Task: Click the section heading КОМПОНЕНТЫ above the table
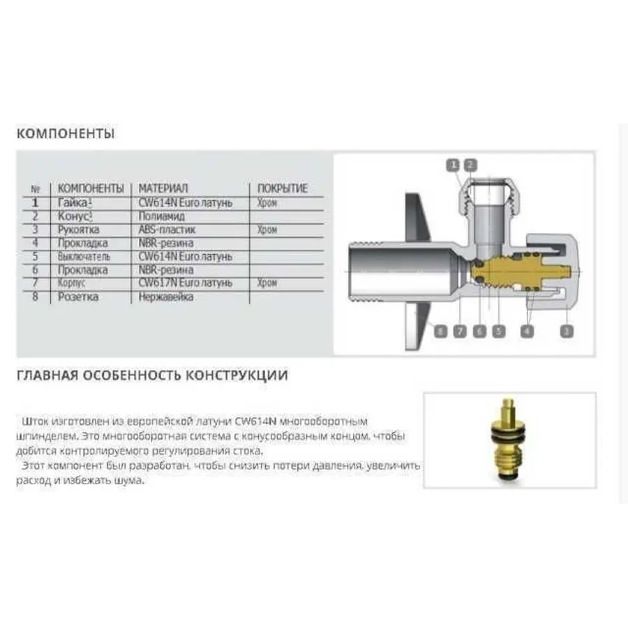coord(66,133)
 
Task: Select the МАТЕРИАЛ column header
coord(163,189)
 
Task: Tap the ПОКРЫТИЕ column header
coord(282,189)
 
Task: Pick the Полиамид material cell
coord(161,216)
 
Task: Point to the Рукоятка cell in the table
coord(78,230)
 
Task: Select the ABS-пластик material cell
coord(167,230)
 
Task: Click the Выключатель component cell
coord(84,257)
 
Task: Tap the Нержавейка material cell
coord(166,297)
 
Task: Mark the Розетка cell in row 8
coord(78,297)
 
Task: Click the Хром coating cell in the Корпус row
coord(267,283)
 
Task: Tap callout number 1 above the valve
coord(454,165)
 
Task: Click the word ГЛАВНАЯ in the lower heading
coord(46,375)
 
